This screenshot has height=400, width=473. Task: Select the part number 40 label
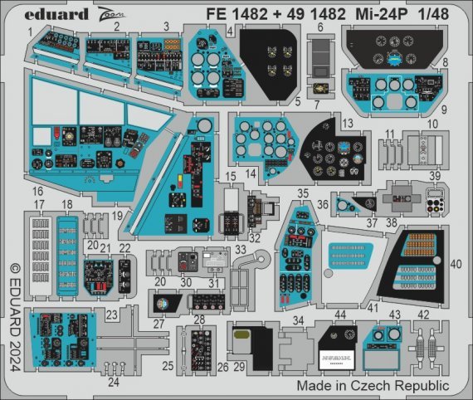coord(456,264)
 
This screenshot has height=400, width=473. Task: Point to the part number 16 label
coord(38,191)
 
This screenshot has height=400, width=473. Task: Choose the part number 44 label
coord(341,315)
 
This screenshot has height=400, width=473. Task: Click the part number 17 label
coord(38,204)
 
